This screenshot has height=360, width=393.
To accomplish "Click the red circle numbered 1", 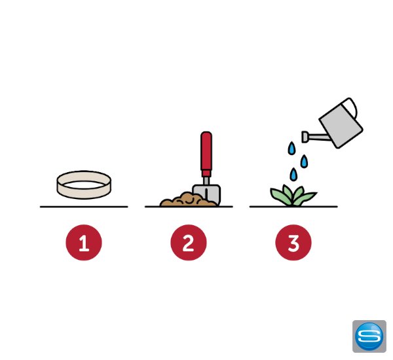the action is (84, 242).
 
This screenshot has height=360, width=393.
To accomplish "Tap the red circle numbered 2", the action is (189, 242).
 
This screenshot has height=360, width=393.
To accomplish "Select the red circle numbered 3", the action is (293, 242).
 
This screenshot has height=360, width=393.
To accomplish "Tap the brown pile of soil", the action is (187, 200).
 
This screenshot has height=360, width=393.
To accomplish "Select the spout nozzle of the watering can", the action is (305, 137).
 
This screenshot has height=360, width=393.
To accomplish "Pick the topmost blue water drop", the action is (291, 149).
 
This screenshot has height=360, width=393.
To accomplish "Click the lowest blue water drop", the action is (293, 174).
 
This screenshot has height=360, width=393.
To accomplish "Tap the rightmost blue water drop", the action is (304, 161).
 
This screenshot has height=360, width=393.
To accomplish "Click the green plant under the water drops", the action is (293, 196).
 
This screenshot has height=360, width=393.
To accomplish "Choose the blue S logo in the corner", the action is (369, 336).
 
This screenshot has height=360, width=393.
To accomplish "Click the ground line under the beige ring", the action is (84, 207).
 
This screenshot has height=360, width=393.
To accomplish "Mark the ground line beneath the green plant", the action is (293, 207).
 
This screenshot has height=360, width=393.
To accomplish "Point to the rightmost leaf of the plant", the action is (307, 197).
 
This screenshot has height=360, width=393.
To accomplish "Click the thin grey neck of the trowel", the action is (206, 181).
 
